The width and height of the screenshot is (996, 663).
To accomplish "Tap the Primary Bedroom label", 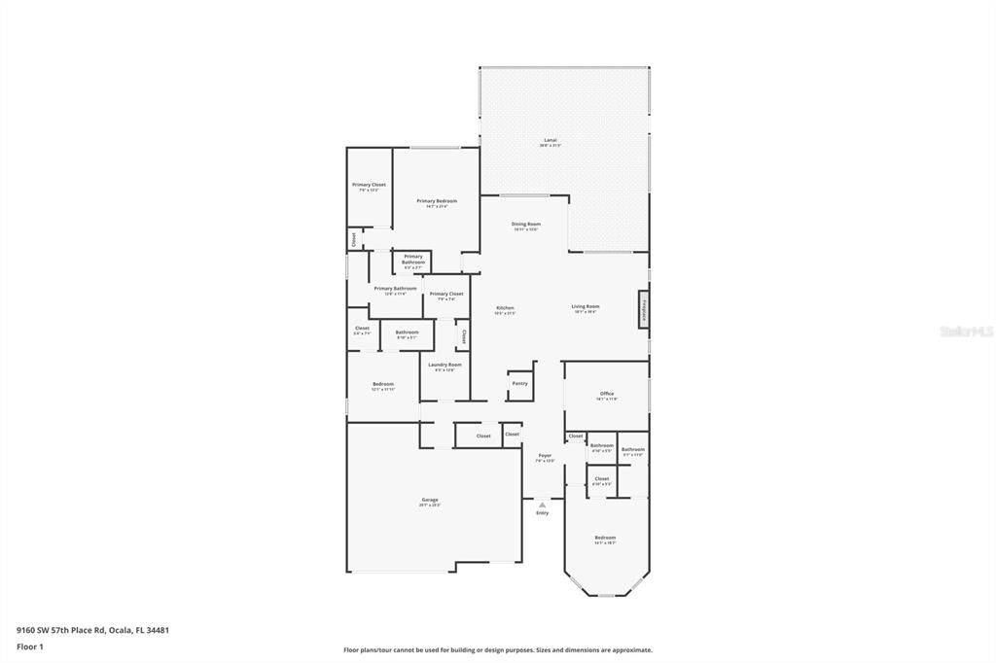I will coord(437,202).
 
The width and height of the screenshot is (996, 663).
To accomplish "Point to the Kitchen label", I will coord(504,309).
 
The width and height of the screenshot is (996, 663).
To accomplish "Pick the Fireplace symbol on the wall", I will coord(644,310).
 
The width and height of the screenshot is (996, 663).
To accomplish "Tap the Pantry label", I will coord(519,383).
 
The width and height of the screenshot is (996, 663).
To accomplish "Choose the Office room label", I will coord(607,395).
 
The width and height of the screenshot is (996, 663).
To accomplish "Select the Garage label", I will coord(430,501).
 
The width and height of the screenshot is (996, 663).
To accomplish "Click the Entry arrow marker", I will coord(543,505).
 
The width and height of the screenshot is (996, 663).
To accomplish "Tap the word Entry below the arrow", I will coord(543,513).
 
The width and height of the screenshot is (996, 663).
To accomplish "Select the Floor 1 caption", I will coord(30,646).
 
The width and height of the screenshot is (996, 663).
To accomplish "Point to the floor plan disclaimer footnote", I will coord(498,650).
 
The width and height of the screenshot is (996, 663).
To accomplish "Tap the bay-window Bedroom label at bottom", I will coord(605,539).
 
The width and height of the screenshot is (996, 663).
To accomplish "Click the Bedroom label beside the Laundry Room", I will coord(383,385).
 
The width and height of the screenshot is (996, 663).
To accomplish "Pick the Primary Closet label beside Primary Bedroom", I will coord(369,186).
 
